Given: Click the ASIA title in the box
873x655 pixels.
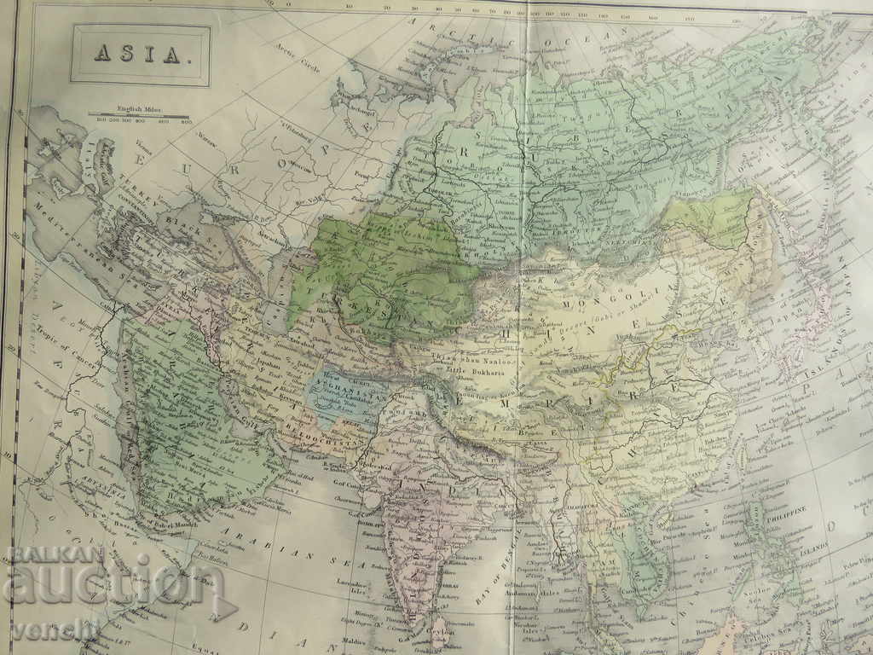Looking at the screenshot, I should click(x=140, y=55).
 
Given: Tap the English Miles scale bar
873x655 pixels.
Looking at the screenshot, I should click(x=140, y=113).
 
